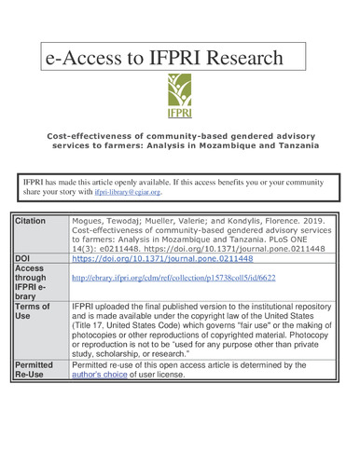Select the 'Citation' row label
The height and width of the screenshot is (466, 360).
pos(32,220)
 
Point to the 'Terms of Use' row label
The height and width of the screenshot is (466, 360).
pos(35,312)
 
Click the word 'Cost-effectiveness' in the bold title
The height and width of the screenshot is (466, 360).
pos(82,134)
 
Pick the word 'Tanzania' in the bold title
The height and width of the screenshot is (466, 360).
pos(292,145)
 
